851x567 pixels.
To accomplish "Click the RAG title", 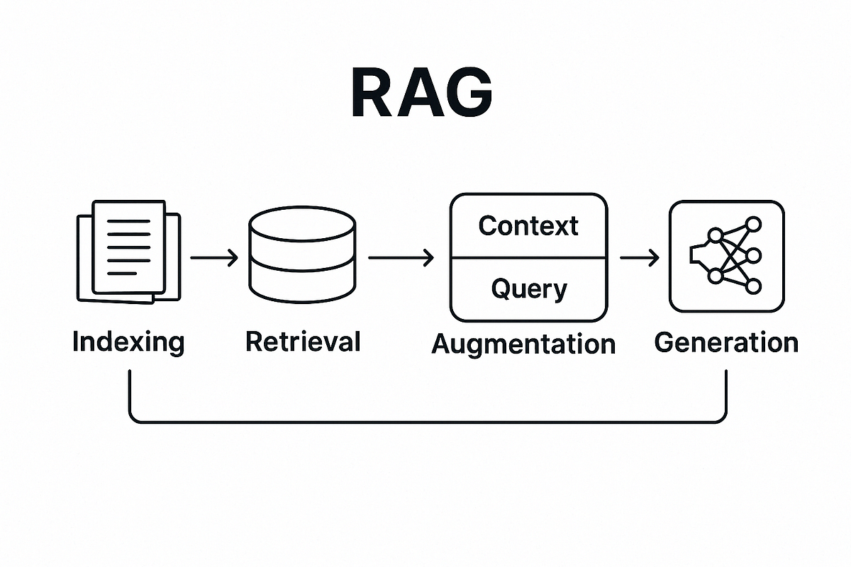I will [421, 94].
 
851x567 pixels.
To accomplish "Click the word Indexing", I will [128, 342].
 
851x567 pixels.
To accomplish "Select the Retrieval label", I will [303, 342].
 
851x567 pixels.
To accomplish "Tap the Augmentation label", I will [523, 344].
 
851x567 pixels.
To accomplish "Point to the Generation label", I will [726, 342].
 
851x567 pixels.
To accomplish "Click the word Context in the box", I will [528, 226].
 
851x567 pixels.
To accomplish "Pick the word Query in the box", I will [529, 289].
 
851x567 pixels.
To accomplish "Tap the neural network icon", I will [726, 257].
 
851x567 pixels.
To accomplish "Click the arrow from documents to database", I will [215, 258].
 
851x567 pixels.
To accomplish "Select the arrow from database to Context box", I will [401, 258].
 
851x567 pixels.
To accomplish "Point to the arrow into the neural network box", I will [639, 258].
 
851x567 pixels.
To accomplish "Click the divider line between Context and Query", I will [529, 258].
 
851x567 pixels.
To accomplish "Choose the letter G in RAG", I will [468, 94].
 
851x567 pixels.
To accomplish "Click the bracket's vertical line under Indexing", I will [130, 393].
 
